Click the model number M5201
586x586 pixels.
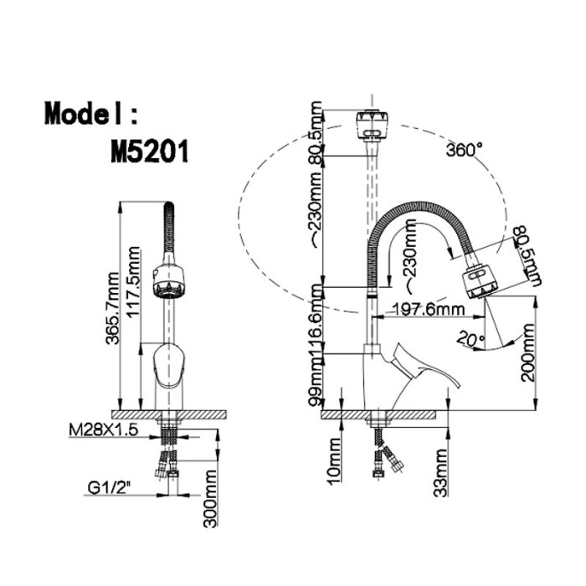click(x=150, y=151)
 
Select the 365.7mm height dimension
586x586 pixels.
click(x=112, y=308)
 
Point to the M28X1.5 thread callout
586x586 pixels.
click(x=104, y=430)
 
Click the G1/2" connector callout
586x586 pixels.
click(x=110, y=488)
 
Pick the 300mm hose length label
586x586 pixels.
click(x=210, y=499)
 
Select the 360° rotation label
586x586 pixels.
click(x=464, y=150)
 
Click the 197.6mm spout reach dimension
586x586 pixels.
click(x=428, y=309)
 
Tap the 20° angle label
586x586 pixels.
click(x=470, y=338)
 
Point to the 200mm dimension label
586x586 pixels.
click(x=528, y=352)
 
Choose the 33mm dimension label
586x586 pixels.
click(x=440, y=473)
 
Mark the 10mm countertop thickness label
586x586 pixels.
click(x=335, y=461)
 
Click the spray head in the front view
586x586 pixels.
click(x=169, y=282)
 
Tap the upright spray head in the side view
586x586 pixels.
click(x=372, y=125)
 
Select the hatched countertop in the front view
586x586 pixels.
click(x=169, y=414)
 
